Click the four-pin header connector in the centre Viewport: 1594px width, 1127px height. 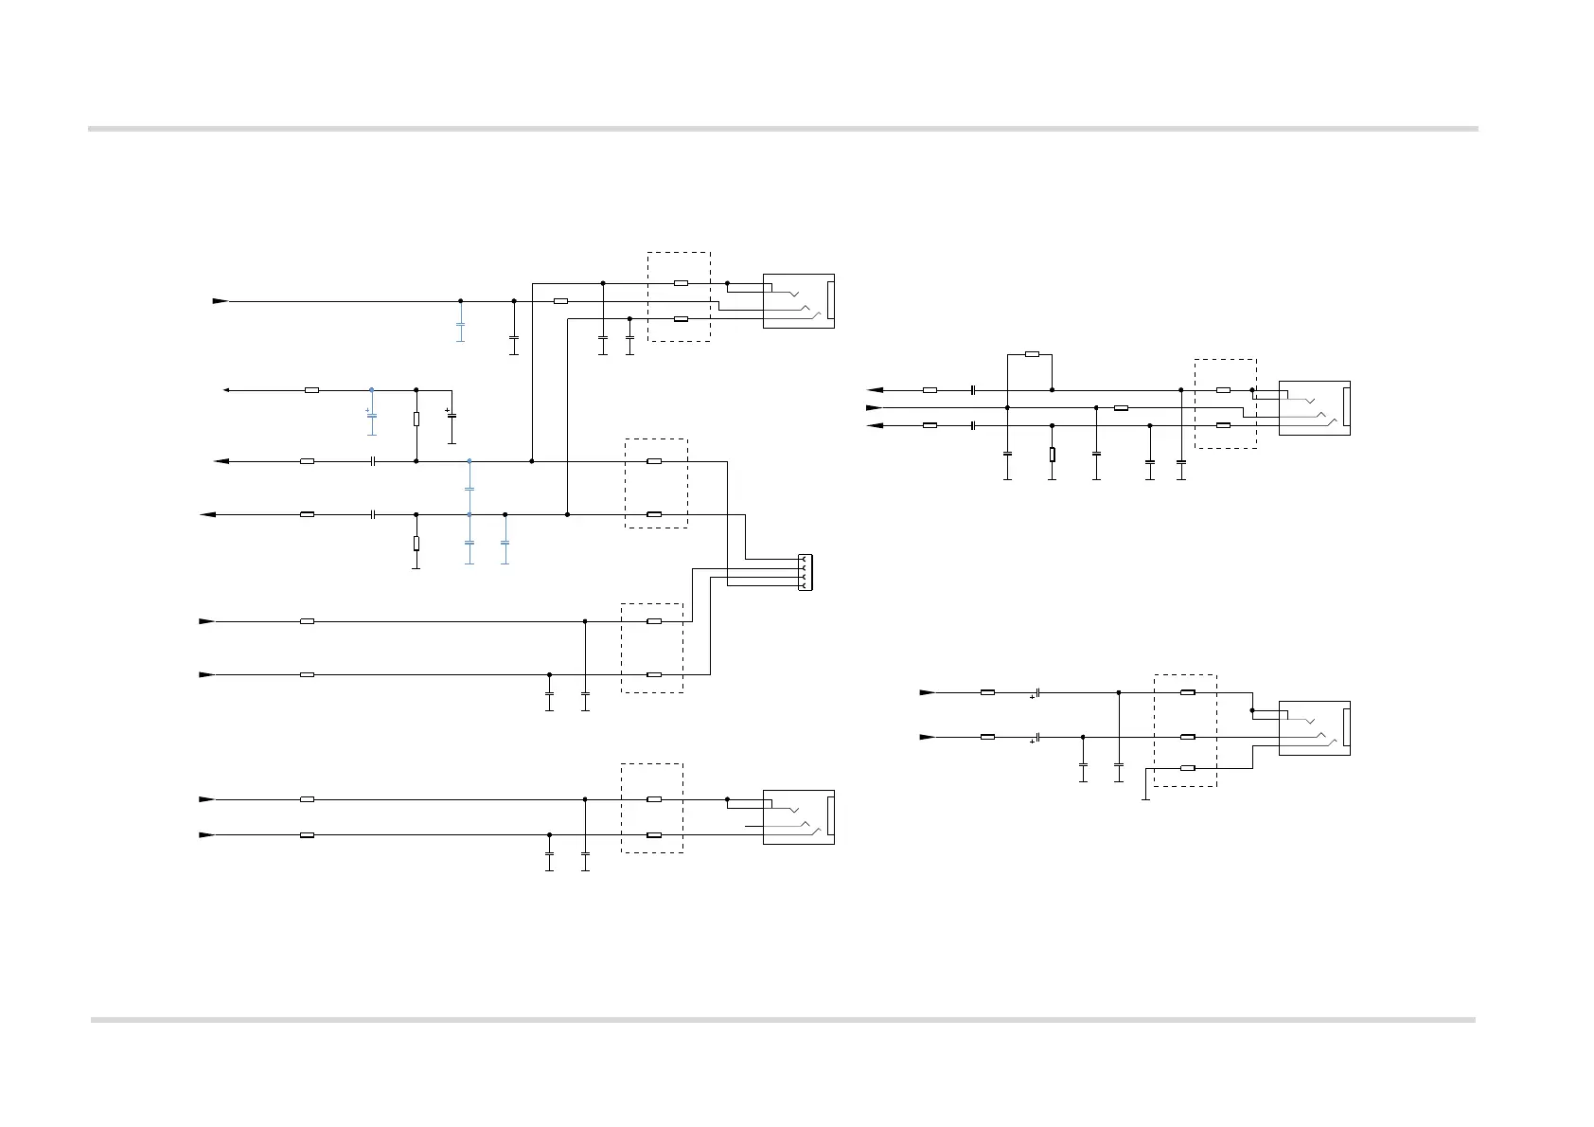(x=805, y=573)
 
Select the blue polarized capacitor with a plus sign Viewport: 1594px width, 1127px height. (x=371, y=416)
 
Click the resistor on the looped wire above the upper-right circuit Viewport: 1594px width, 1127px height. (x=1032, y=354)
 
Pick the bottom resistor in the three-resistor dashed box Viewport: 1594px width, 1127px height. (x=1187, y=768)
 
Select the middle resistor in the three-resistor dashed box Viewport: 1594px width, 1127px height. (x=1187, y=737)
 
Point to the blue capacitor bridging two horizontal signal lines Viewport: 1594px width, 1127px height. (x=469, y=489)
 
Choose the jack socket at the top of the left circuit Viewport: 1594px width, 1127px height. (x=799, y=301)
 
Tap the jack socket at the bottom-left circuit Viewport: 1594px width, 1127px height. (x=799, y=816)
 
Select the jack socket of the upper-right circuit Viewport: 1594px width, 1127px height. (x=1314, y=408)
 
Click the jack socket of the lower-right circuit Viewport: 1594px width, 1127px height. (x=1314, y=728)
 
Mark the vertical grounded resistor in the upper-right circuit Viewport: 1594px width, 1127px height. (x=1052, y=455)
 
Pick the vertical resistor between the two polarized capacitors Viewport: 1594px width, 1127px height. (x=416, y=420)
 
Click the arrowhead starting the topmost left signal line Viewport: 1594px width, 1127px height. (x=220, y=301)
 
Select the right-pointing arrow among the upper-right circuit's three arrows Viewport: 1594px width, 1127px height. (x=873, y=408)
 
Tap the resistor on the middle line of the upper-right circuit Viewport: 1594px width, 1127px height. (x=1121, y=408)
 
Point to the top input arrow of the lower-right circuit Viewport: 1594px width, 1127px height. (x=927, y=692)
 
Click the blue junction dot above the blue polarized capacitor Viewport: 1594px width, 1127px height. (x=371, y=389)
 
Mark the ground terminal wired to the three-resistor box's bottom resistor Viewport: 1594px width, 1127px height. (x=1145, y=799)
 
